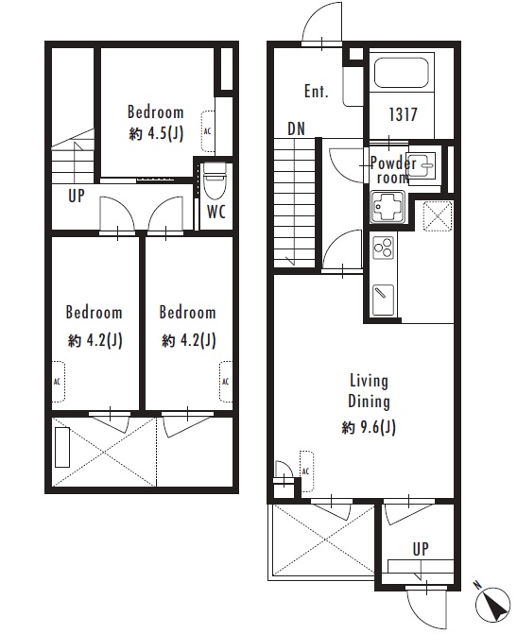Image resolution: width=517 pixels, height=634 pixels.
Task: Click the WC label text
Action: coord(216,212)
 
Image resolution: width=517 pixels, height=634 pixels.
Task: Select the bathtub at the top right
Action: coord(402,73)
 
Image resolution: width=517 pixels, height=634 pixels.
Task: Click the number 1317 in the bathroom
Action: coord(403,114)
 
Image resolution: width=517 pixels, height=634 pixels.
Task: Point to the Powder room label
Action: coord(393,170)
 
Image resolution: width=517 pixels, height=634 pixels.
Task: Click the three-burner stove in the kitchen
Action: coord(383,247)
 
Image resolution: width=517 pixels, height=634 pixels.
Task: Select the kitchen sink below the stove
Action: coord(383,300)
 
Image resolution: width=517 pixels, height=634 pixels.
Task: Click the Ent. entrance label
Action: coord(317,91)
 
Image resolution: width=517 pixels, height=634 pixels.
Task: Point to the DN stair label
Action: coord(296,129)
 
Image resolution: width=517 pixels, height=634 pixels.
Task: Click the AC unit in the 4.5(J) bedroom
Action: coord(208,131)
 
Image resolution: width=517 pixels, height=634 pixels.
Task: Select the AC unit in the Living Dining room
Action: coord(306,471)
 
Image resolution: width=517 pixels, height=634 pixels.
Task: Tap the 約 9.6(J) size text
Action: coord(369,427)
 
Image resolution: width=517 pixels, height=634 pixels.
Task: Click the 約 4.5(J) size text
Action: coord(156,134)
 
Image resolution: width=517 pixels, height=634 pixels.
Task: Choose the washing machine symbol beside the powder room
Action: coord(437,216)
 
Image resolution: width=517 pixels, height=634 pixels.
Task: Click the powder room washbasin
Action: coord(422,164)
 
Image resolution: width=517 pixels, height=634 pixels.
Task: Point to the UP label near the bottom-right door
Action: coord(421,549)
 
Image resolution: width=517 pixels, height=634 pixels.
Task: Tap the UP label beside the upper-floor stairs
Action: coord(76,197)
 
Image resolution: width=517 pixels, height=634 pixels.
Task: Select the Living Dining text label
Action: coord(369,391)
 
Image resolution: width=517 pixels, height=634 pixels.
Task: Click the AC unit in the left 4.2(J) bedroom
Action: coord(59,382)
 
